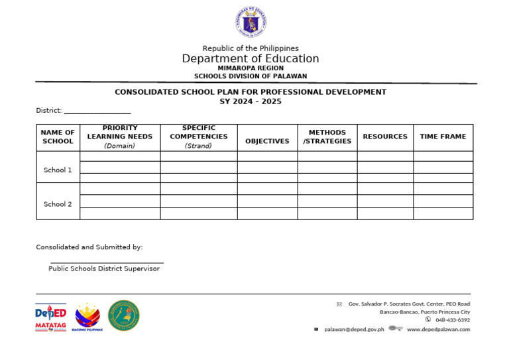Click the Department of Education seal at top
coord(251,23)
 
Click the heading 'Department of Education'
coord(251,59)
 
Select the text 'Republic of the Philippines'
coord(251,48)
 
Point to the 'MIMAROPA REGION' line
coord(251,68)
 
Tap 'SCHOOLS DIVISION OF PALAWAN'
coord(251,76)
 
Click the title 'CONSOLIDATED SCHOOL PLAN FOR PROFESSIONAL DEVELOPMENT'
coord(251,92)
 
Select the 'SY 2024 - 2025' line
coord(251,101)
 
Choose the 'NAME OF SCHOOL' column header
coord(58,137)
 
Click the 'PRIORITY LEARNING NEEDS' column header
coord(120,137)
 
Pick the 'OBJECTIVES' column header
coord(267,141)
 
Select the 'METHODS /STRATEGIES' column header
coord(327,137)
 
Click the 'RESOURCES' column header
coord(385,137)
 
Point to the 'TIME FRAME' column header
coord(443,137)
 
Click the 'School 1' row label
coord(58,170)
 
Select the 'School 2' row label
coord(58,204)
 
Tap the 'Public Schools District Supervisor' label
coord(104,269)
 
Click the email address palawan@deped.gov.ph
coord(354,330)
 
